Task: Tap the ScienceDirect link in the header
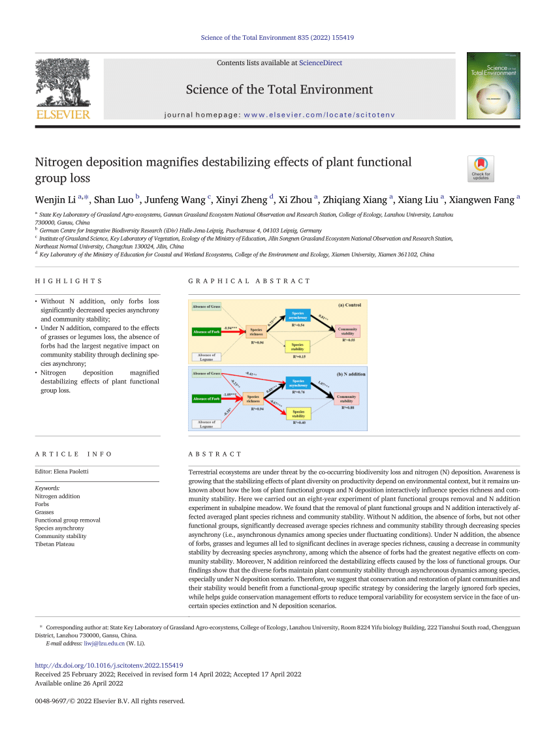[x=320, y=63]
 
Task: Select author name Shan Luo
[x=114, y=200]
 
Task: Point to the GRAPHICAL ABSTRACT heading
[x=249, y=281]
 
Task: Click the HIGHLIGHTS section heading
[x=69, y=281]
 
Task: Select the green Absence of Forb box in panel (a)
[x=206, y=331]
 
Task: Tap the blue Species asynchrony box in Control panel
[x=297, y=316]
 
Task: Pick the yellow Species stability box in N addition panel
[x=298, y=412]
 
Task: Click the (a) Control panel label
[x=349, y=305]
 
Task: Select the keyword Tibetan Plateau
[x=54, y=544]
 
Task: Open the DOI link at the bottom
[x=108, y=665]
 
